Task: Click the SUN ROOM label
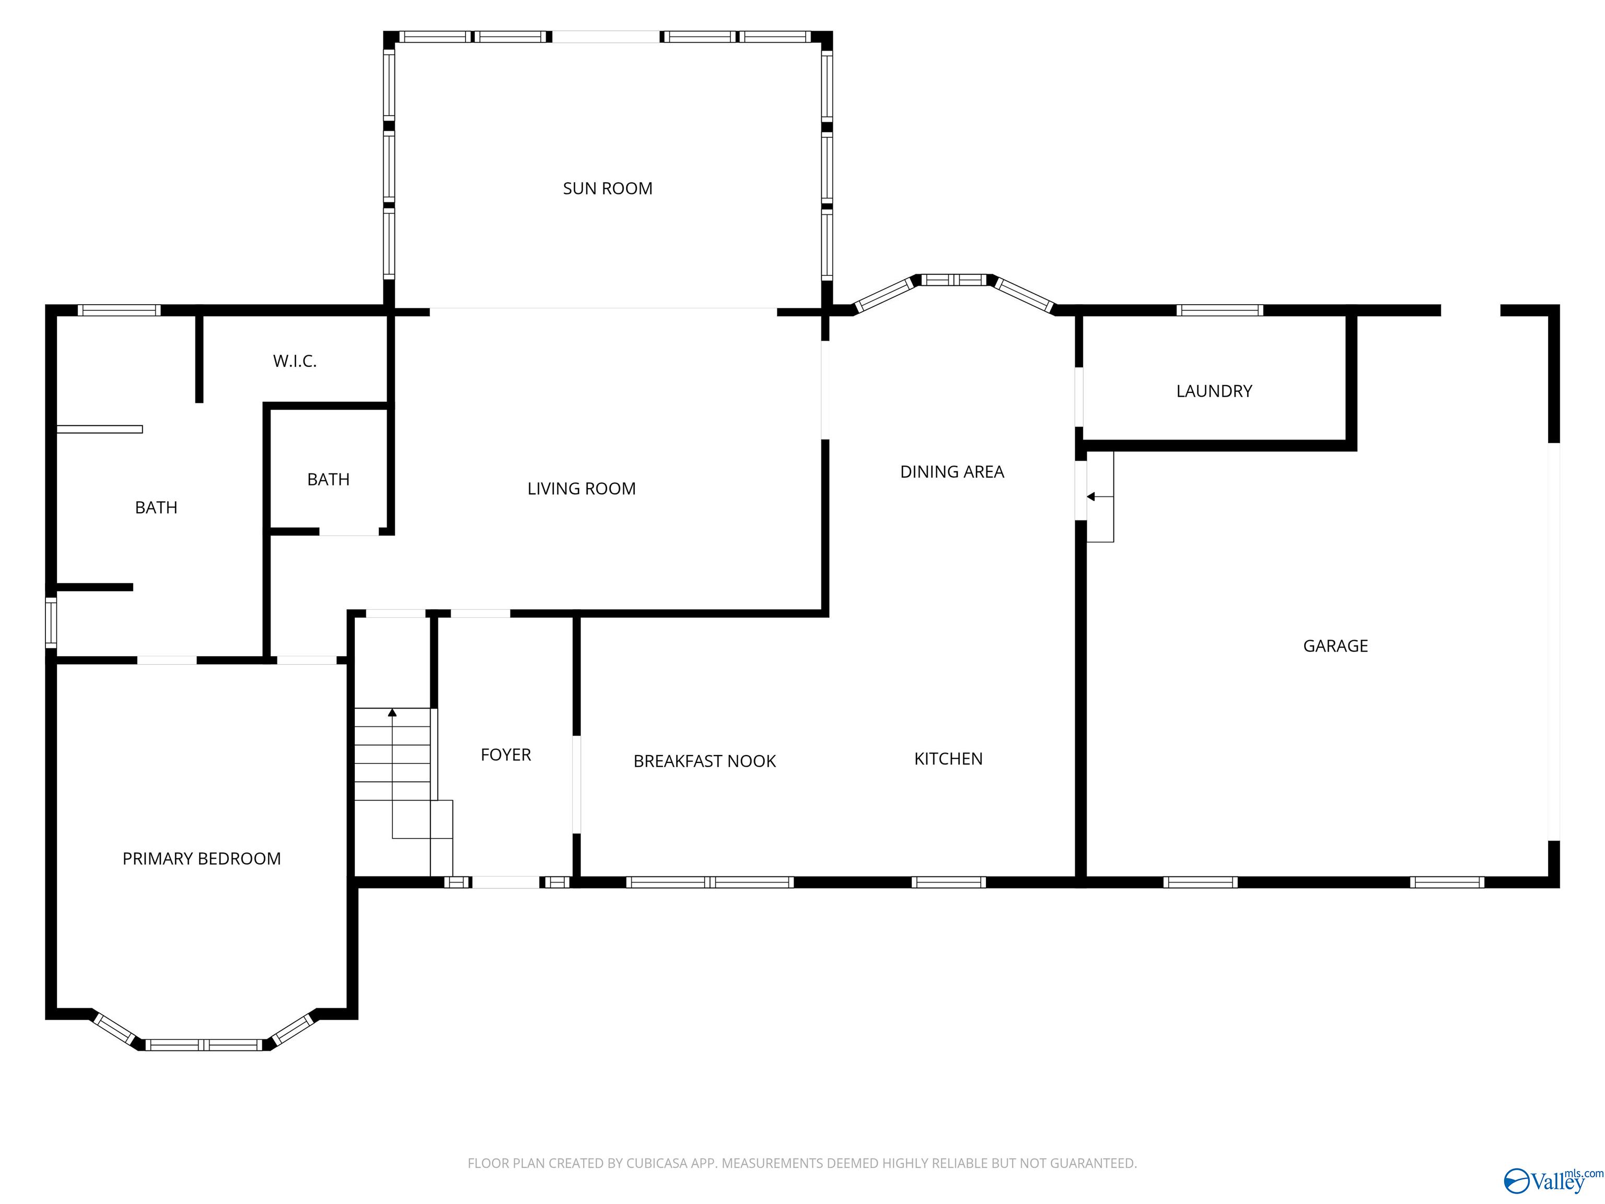pos(607,189)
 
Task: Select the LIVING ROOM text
pos(581,489)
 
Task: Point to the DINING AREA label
pos(951,472)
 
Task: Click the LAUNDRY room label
pos(1214,391)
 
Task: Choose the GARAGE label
pos(1335,646)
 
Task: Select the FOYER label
pos(506,755)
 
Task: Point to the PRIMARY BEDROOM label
pos(201,859)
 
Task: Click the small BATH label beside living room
pos(328,480)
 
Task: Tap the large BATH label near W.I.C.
pos(156,508)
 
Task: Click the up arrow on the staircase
pos(392,713)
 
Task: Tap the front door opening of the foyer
pos(506,883)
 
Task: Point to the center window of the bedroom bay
pos(204,1045)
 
